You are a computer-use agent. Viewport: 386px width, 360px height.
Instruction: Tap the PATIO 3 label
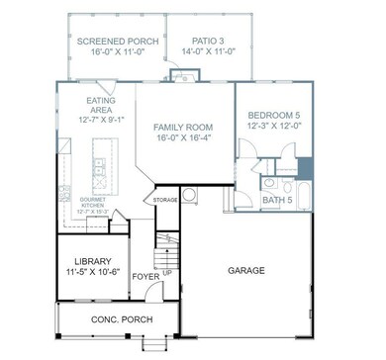(206, 41)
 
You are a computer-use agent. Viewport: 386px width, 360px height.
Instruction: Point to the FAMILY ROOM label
(183, 127)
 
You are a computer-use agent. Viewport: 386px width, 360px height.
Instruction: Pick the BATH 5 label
(277, 201)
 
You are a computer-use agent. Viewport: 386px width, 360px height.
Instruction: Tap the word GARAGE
(245, 268)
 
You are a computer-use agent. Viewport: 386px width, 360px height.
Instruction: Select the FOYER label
(146, 277)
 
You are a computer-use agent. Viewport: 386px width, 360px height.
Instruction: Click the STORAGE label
(164, 201)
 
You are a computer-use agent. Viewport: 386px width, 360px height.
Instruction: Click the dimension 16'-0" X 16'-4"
(183, 139)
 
